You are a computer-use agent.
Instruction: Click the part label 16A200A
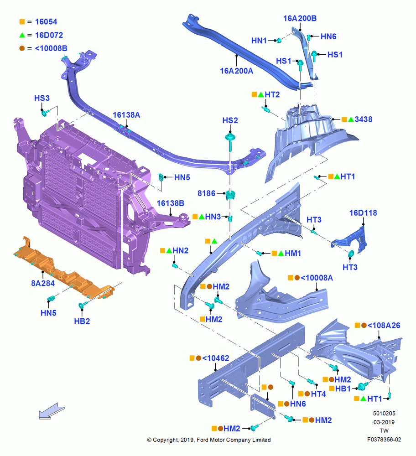coord(237,71)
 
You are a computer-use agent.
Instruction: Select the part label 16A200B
coord(300,18)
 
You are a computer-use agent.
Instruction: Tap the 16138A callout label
coord(126,115)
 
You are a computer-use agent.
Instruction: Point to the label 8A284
coord(43,283)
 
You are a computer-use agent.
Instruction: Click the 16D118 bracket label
coord(363,213)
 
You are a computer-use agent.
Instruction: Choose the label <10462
coord(216,358)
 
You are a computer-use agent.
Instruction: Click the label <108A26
coord(384,326)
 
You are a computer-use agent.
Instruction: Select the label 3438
coord(364,119)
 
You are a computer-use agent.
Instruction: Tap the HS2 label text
coord(230,120)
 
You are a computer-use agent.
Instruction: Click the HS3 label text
coord(42,98)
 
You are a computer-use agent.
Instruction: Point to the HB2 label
coord(82,321)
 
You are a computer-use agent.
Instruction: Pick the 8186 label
coord(207,193)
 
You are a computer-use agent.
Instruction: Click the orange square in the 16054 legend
coord(22,22)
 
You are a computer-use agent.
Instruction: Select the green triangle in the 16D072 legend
coord(22,35)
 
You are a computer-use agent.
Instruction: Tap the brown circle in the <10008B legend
coord(22,48)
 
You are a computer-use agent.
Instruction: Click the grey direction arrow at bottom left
coord(52,411)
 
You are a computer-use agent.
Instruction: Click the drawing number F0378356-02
coord(384,440)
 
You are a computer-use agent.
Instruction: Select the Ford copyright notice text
coord(209,440)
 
